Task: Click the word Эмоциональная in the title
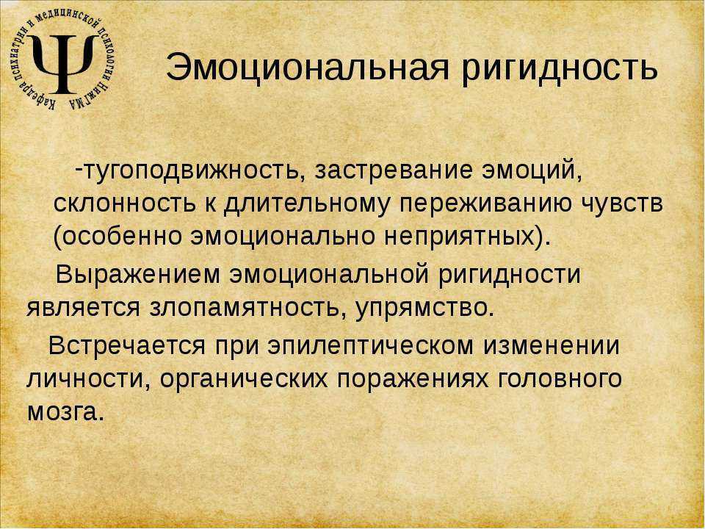[308, 68]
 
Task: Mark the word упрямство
[423, 309]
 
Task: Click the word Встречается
[126, 346]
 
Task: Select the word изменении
[552, 345]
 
